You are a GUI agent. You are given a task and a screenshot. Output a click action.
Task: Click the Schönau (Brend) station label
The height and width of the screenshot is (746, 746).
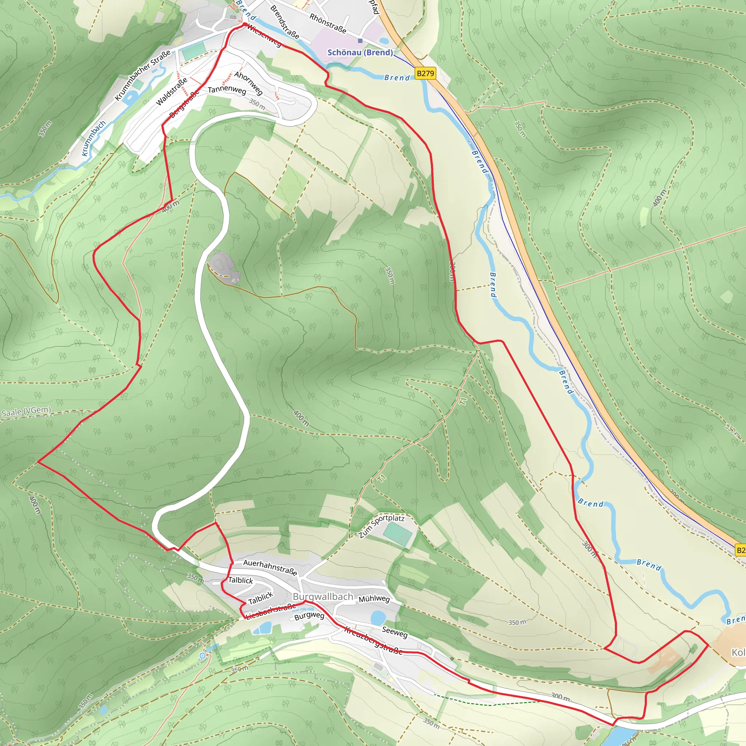(360, 52)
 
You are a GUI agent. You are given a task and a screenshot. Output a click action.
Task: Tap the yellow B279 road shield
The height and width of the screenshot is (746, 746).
(425, 73)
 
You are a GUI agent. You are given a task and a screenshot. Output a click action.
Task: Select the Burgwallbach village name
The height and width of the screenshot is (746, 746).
(323, 597)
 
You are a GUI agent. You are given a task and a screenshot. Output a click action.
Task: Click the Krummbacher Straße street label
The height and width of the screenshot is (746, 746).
(142, 76)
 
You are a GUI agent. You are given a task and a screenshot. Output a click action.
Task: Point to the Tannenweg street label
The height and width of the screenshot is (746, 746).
(227, 90)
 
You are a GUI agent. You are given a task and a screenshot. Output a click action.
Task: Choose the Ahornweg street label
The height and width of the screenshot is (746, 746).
(249, 83)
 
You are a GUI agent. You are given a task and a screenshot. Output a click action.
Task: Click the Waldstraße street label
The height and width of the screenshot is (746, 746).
(172, 91)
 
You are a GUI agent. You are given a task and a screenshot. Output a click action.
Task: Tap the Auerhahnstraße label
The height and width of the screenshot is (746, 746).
(270, 567)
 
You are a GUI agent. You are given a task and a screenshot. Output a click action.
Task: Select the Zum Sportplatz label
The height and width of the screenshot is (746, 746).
(381, 526)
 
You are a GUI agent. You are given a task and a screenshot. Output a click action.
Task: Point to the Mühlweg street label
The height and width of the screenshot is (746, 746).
(374, 598)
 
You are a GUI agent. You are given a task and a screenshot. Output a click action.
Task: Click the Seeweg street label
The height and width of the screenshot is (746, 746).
(394, 632)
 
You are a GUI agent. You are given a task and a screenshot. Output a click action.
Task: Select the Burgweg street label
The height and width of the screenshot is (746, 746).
(309, 616)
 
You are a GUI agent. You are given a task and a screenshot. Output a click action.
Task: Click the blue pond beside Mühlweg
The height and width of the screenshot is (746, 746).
(378, 617)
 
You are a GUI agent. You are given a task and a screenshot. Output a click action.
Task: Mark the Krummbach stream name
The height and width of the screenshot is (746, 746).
(94, 138)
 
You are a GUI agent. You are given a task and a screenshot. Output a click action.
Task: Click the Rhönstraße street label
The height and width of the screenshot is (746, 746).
(327, 24)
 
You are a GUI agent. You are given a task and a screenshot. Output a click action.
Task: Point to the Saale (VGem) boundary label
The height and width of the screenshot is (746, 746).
(26, 412)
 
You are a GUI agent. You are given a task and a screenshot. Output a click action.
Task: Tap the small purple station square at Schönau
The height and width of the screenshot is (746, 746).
(360, 40)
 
